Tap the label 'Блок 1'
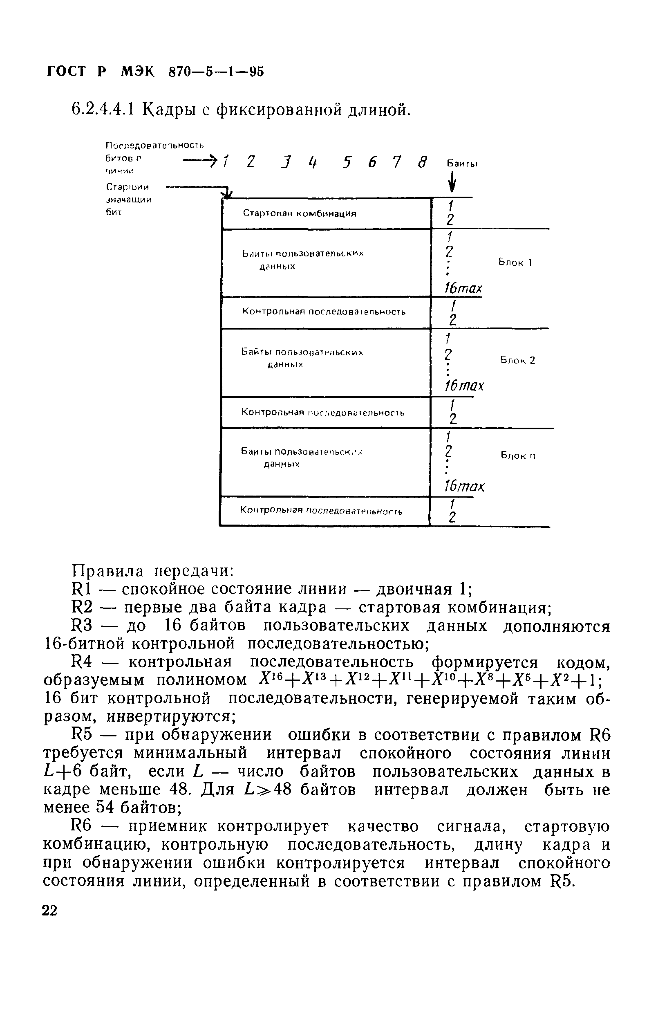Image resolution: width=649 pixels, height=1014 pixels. (515, 262)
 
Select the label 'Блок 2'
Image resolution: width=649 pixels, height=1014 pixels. (517, 360)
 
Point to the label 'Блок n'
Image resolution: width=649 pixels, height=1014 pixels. (517, 455)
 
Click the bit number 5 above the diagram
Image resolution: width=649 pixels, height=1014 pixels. (347, 162)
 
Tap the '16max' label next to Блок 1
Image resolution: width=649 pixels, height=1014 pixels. (463, 288)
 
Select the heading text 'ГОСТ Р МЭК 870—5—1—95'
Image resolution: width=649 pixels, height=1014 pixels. (155, 72)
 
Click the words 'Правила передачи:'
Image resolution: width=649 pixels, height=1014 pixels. (153, 571)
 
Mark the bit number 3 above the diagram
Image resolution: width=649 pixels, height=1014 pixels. (287, 162)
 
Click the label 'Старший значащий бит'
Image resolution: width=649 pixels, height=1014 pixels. (129, 199)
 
